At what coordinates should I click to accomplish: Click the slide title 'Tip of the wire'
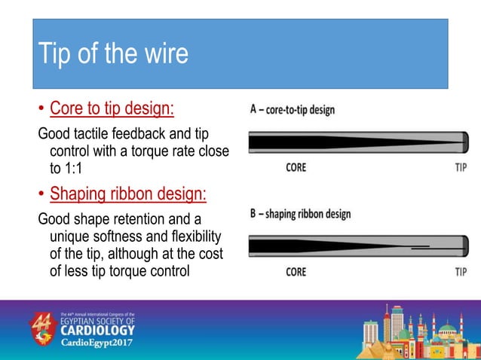point(113,54)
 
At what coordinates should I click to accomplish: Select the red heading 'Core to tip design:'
point(112,109)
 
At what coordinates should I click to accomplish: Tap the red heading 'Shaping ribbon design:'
point(127,194)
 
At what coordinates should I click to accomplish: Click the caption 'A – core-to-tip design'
point(293,110)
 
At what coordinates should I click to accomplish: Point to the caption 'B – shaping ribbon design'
point(301,214)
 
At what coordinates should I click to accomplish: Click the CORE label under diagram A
point(296,167)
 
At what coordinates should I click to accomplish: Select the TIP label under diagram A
point(461,167)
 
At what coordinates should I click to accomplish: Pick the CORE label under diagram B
point(296,271)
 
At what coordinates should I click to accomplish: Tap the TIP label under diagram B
point(461,271)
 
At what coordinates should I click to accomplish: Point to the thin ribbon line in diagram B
point(420,246)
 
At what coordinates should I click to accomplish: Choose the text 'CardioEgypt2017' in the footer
point(99,343)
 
